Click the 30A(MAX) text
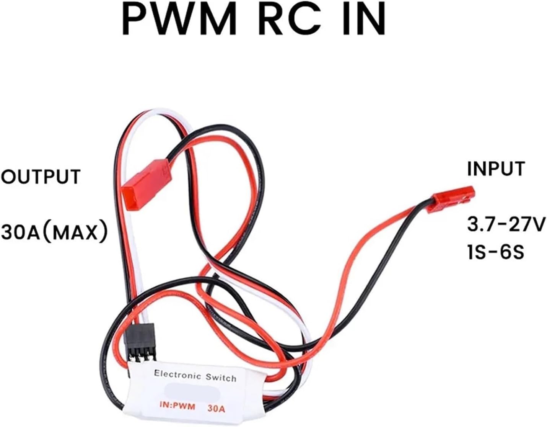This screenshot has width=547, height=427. [x=54, y=232]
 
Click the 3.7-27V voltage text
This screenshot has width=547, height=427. [x=506, y=224]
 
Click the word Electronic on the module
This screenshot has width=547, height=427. [x=178, y=373]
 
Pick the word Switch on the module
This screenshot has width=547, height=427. [x=221, y=377]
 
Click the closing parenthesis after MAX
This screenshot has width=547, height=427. [x=102, y=232]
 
